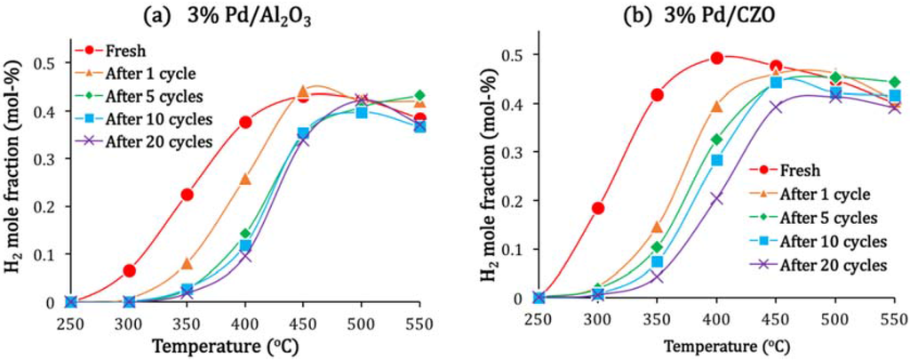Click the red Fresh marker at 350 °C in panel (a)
coord(188,195)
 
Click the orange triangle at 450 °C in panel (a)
coord(303,92)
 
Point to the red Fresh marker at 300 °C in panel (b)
coord(598,208)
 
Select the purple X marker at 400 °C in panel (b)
coord(717,198)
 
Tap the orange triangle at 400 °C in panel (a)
coord(245,179)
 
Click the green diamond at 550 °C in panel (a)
coord(419,95)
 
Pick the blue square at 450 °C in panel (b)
coord(776,82)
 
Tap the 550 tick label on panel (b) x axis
coord(893,316)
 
